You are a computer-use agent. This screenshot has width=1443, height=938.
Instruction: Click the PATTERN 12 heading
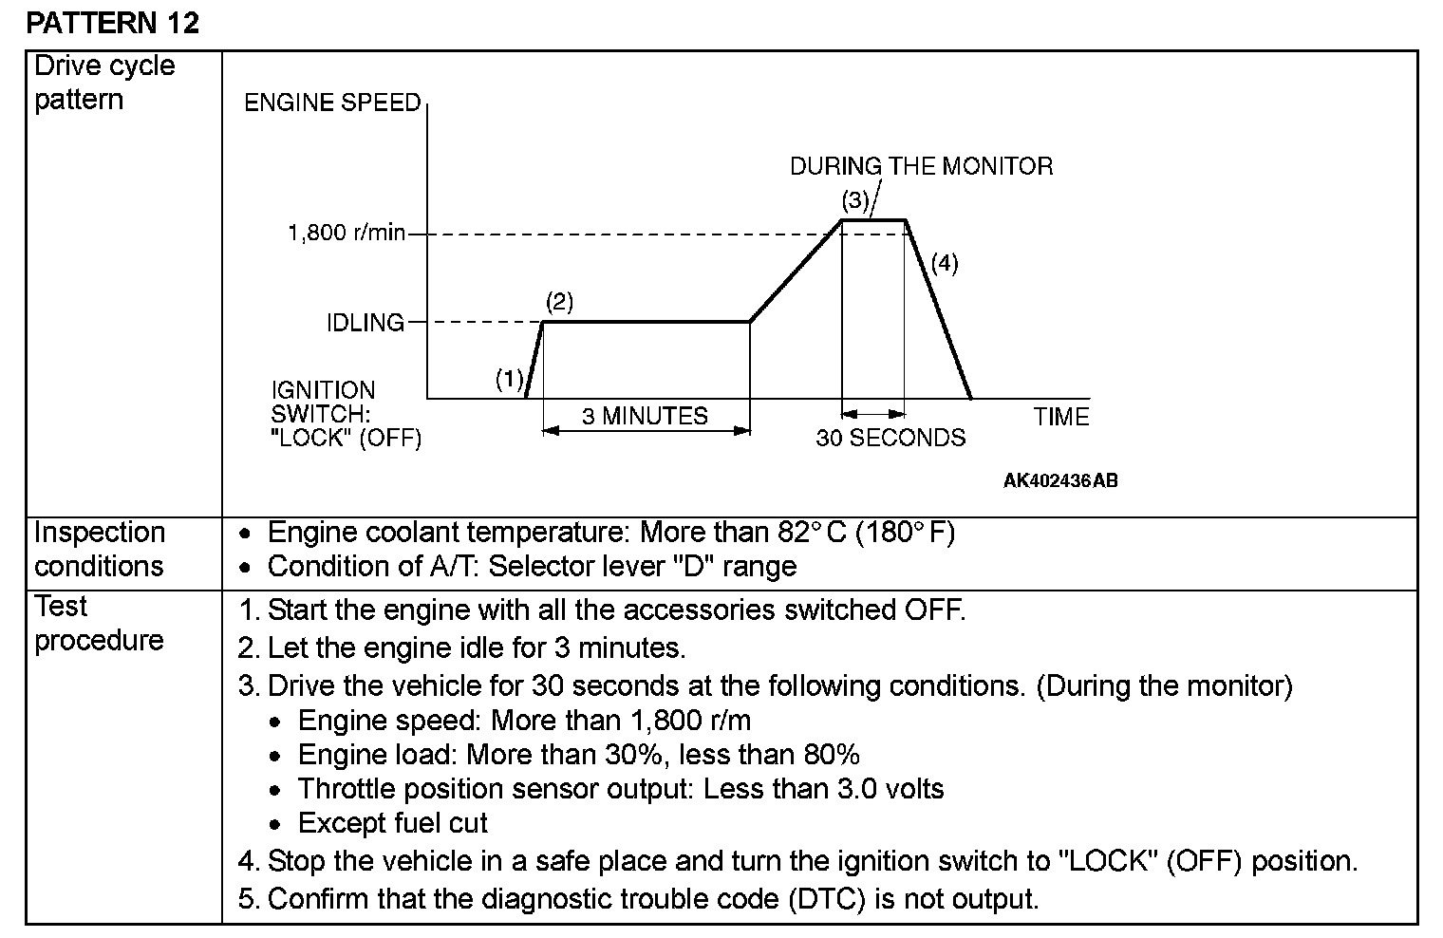click(113, 22)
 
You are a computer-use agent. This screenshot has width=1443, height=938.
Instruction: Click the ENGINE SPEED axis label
click(332, 103)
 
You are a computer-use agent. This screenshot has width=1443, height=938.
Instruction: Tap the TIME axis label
click(1061, 417)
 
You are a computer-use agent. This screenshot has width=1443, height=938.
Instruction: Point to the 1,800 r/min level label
click(347, 234)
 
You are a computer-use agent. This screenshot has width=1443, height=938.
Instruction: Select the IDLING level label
click(365, 323)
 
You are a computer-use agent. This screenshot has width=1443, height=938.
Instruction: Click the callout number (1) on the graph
click(510, 380)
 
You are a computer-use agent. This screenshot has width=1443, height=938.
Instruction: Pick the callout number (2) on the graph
click(559, 302)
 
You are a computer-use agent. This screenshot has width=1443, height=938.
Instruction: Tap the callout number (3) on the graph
click(855, 200)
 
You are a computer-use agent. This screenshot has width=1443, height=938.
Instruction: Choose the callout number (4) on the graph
click(944, 263)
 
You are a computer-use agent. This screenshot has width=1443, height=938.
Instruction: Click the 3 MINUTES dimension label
click(645, 416)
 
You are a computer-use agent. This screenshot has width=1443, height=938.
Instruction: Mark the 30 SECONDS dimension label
click(890, 438)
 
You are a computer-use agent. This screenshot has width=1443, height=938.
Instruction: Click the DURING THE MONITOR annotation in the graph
click(921, 166)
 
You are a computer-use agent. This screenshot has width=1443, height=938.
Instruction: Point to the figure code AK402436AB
click(1060, 480)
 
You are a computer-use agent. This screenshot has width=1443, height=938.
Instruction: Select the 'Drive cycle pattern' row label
click(104, 83)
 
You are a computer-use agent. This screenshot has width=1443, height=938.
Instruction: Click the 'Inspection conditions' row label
click(100, 549)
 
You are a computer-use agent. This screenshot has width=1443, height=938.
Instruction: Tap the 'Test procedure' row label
click(99, 623)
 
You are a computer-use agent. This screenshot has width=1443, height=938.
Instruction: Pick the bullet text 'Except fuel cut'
click(392, 823)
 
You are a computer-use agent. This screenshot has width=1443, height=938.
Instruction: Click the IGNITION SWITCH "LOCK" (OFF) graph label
click(345, 414)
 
